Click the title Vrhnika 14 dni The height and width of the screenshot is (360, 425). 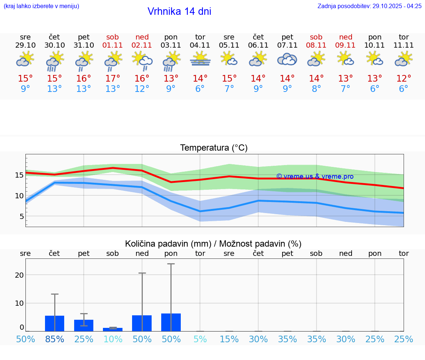click(x=179, y=11)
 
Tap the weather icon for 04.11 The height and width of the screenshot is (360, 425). click(x=200, y=59)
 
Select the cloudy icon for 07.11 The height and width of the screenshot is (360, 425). click(x=287, y=59)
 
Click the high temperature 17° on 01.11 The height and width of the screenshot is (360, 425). click(x=113, y=79)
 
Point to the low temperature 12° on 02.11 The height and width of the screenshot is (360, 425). click(x=142, y=89)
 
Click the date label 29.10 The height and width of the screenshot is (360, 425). click(x=25, y=45)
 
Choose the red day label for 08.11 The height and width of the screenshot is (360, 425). click(x=316, y=37)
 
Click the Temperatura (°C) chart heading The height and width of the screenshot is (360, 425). click(x=214, y=148)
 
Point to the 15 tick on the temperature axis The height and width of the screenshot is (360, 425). click(x=19, y=175)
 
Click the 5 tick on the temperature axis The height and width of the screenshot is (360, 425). click(x=22, y=216)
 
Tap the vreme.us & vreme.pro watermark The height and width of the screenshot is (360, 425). click(x=315, y=176)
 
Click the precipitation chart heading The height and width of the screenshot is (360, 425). click(x=213, y=244)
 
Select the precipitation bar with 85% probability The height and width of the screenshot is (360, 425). click(x=55, y=323)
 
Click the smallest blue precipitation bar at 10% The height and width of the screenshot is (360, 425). click(x=113, y=329)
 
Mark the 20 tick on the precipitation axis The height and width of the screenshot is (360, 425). click(x=19, y=275)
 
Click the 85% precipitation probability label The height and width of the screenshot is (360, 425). click(x=54, y=339)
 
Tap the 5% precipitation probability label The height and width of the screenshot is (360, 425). click(x=200, y=339)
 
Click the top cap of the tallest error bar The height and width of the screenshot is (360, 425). click(x=171, y=264)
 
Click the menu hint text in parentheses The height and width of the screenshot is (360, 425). click(x=41, y=6)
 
